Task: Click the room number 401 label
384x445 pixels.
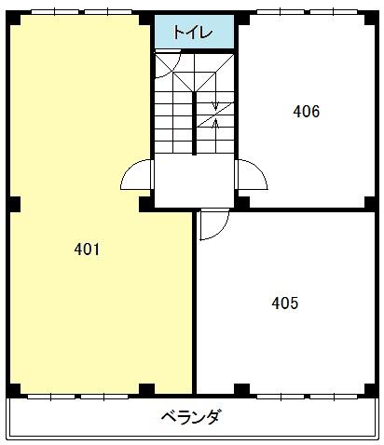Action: (87, 249)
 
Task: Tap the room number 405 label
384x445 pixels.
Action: (285, 303)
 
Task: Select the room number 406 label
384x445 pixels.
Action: (307, 112)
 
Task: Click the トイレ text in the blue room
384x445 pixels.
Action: (193, 33)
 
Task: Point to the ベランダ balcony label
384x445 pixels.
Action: (192, 417)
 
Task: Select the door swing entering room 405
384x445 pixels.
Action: (221, 231)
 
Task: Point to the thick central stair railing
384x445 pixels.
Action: (194, 123)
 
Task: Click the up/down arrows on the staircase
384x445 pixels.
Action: (215, 115)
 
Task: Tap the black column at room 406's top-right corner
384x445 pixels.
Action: (369, 20)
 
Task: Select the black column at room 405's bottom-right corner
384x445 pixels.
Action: (369, 389)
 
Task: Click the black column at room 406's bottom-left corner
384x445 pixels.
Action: (242, 202)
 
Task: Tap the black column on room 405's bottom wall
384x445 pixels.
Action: (241, 389)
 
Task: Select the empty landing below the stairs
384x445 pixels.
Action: (194, 181)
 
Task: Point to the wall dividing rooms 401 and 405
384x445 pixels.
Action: (194, 303)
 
